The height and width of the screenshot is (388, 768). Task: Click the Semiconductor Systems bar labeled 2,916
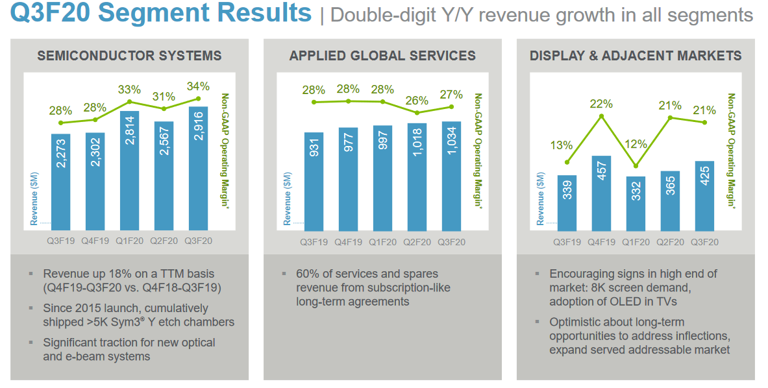pyautogui.click(x=199, y=168)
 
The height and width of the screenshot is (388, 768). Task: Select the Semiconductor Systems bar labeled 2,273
pyautogui.click(x=61, y=182)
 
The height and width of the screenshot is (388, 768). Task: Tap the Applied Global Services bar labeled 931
pyautogui.click(x=314, y=182)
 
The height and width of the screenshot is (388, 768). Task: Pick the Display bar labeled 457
pyautogui.click(x=601, y=193)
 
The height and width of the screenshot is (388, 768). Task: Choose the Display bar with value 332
pyautogui.click(x=636, y=204)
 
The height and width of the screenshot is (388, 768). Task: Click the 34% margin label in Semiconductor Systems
pyautogui.click(x=199, y=86)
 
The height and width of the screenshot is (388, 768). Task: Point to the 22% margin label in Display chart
pyautogui.click(x=601, y=104)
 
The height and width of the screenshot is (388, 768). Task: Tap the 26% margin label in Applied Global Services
pyautogui.click(x=417, y=101)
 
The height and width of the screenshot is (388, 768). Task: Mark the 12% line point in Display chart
pyautogui.click(x=636, y=166)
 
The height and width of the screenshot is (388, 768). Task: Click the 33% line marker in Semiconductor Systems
pyautogui.click(x=129, y=102)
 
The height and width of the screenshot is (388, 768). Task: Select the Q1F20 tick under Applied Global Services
pyautogui.click(x=382, y=242)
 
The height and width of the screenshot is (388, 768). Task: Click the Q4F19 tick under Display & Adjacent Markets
pyautogui.click(x=601, y=242)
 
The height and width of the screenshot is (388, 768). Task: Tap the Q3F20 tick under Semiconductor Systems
pyautogui.click(x=199, y=241)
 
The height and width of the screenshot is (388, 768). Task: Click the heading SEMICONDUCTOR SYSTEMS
pyautogui.click(x=129, y=56)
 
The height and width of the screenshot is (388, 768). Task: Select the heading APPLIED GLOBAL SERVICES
pyautogui.click(x=382, y=56)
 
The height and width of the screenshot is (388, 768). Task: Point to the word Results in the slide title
pyautogui.click(x=265, y=13)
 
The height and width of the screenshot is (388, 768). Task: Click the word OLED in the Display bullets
pyautogui.click(x=626, y=302)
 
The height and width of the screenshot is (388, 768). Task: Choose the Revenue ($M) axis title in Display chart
pyautogui.click(x=541, y=199)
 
